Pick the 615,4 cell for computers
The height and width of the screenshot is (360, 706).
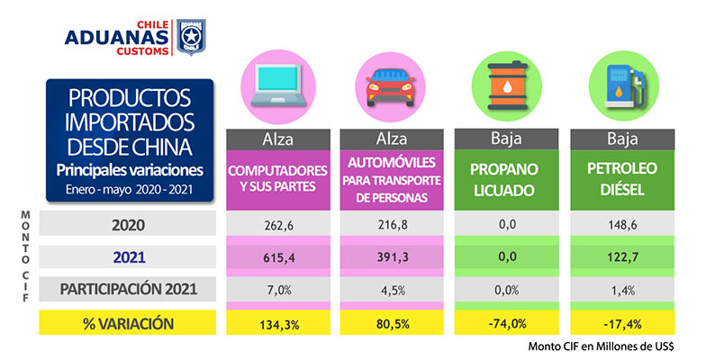click(x=275, y=256)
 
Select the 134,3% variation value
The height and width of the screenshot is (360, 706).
click(x=275, y=322)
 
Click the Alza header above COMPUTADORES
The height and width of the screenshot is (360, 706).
click(x=275, y=140)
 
